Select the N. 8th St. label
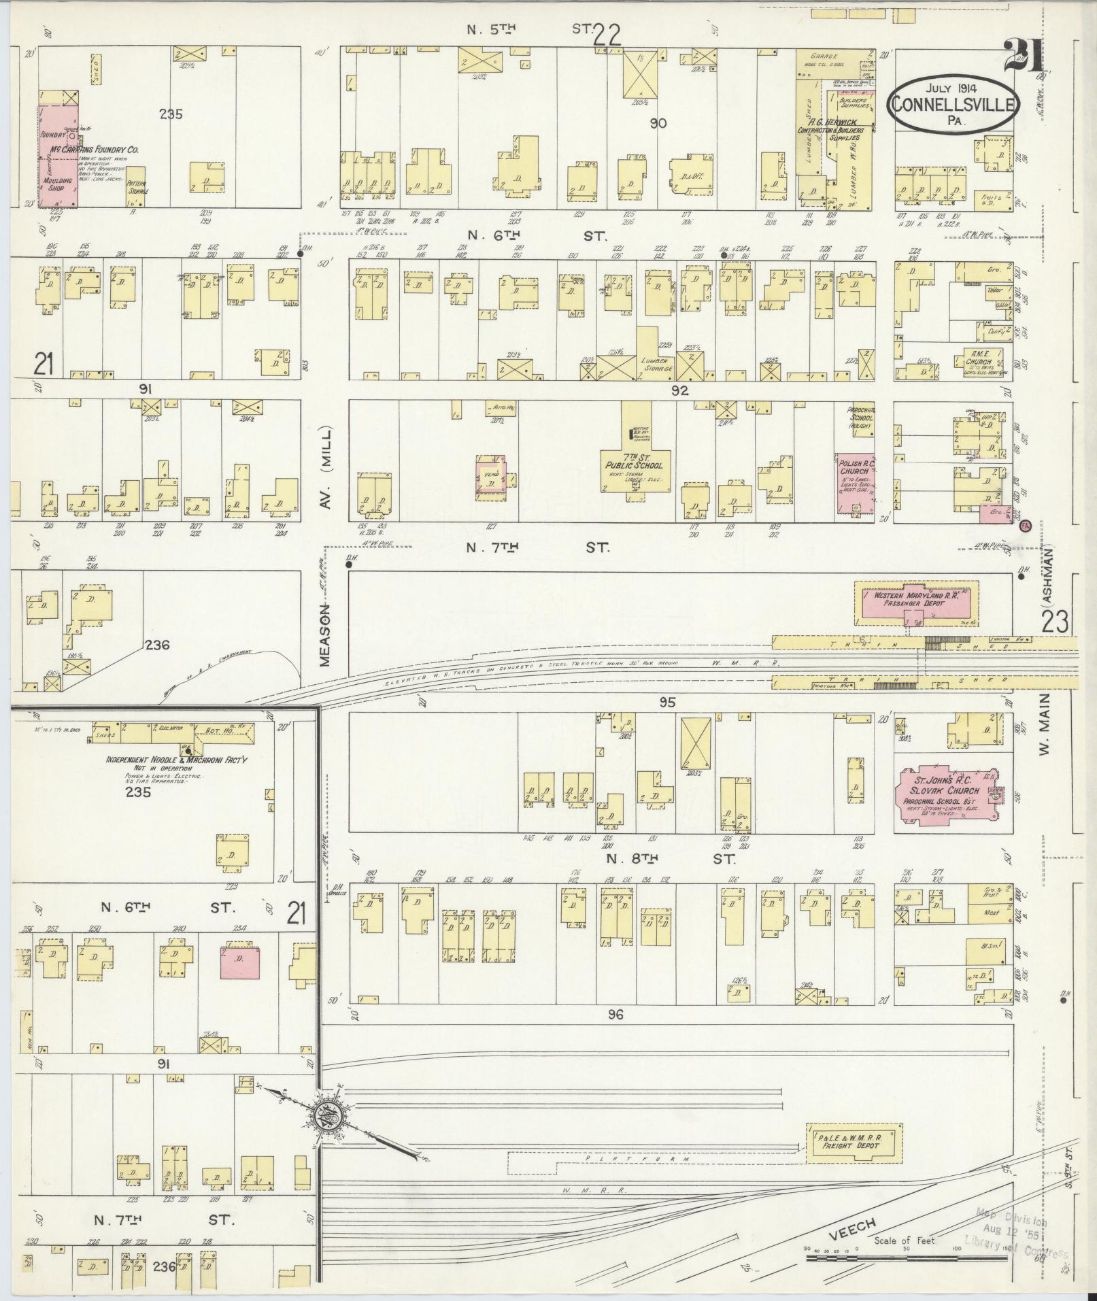click(669, 859)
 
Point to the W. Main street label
click(1044, 726)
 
